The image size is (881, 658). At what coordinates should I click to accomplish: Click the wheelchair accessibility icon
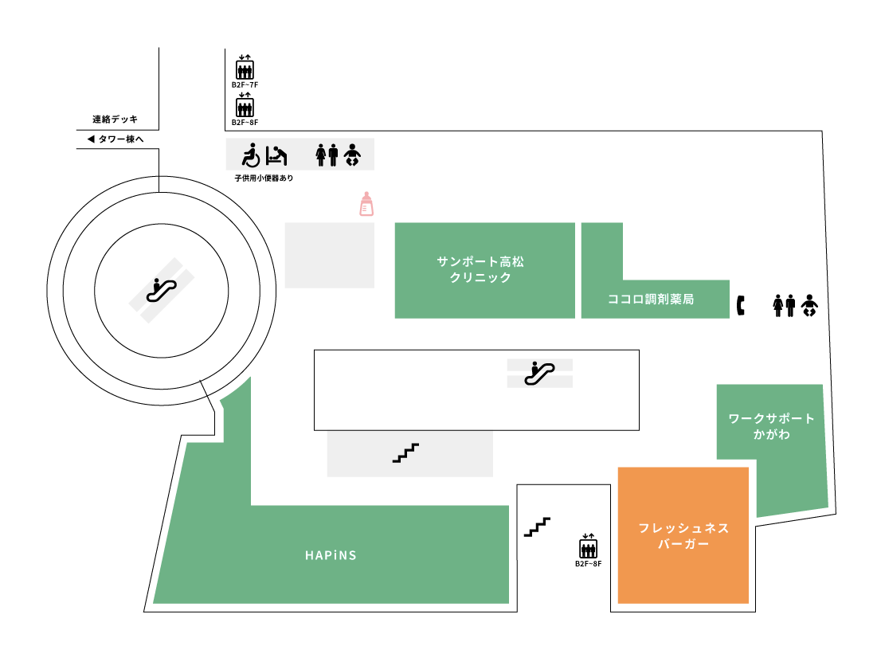tap(251, 155)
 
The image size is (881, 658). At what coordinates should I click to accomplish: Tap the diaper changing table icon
tap(276, 155)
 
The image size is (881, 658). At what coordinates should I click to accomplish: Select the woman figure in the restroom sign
tap(321, 155)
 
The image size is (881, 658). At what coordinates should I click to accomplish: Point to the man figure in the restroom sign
tap(333, 155)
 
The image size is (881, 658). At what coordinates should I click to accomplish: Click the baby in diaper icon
tap(352, 155)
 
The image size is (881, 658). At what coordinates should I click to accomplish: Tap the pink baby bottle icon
tap(366, 204)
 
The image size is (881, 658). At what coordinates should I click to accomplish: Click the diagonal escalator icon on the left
tap(162, 290)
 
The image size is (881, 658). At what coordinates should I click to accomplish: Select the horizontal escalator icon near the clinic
tap(539, 373)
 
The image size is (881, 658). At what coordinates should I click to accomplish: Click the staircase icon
tap(405, 452)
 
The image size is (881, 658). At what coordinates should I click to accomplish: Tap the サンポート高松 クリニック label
tap(480, 269)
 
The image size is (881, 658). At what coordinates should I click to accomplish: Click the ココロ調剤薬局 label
tap(651, 299)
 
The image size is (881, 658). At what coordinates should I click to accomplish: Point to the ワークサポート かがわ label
tap(772, 426)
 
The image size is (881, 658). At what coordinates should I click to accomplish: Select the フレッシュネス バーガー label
tap(683, 535)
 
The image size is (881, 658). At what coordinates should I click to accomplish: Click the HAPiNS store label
tap(331, 555)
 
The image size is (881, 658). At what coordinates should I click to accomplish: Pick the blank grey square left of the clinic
tap(329, 255)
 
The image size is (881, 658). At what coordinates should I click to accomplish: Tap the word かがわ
tap(772, 434)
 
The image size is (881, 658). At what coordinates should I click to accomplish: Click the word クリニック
tap(480, 277)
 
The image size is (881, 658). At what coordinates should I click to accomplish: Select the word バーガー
tap(683, 544)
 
